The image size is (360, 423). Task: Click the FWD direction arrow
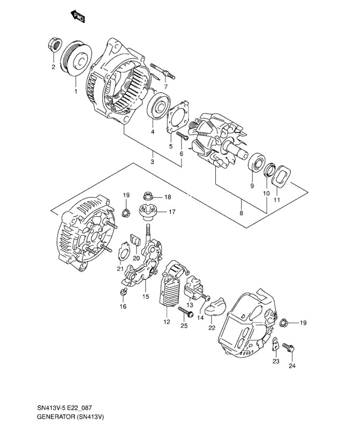pos(78,17)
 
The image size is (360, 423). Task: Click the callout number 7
pos(166,87)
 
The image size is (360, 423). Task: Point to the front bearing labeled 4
pos(159,105)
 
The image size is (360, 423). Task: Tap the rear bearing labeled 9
pos(256,162)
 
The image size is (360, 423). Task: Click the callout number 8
pos(241,213)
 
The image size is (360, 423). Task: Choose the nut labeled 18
pos(148,197)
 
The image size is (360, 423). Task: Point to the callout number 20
pos(136,258)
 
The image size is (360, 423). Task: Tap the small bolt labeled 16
pos(124,291)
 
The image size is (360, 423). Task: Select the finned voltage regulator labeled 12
pos(171,285)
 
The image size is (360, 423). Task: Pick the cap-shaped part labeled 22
pos(215,307)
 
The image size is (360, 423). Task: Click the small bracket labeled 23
pos(274,344)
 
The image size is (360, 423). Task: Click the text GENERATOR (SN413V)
pos(71,417)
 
